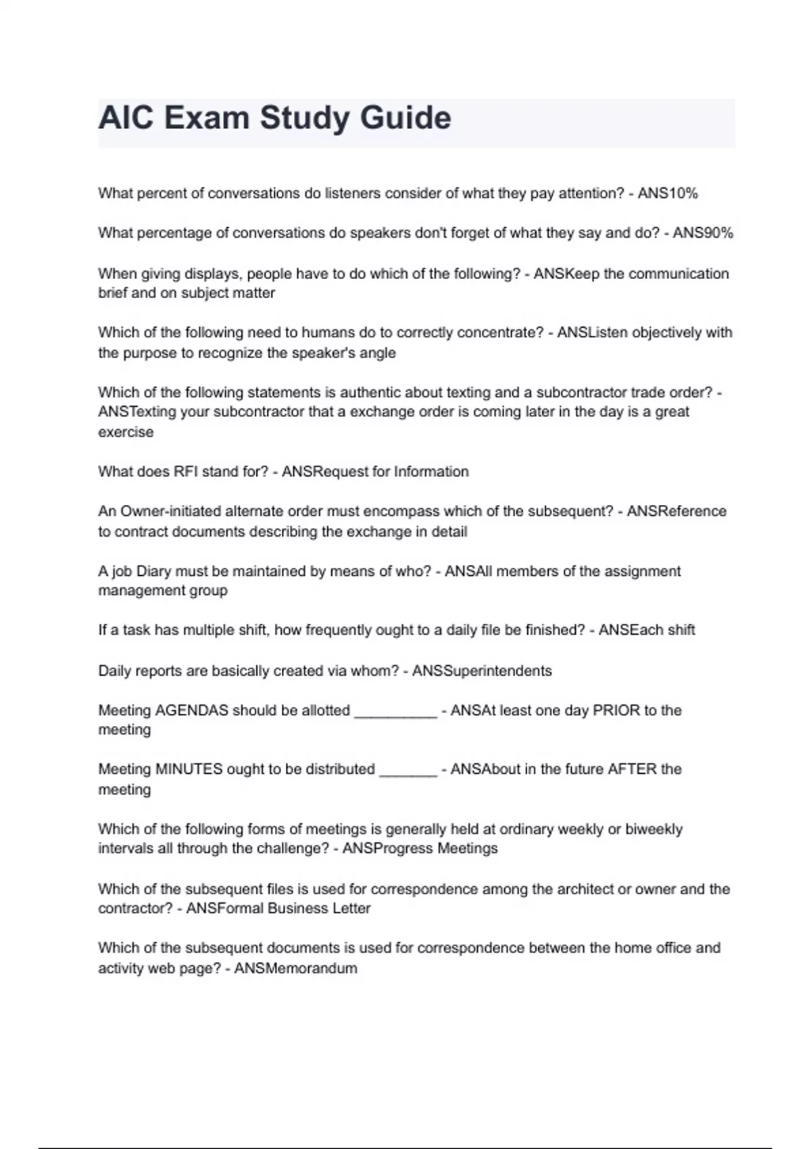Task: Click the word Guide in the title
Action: (x=405, y=118)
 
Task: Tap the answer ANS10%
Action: (x=668, y=193)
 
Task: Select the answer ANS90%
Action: (x=703, y=233)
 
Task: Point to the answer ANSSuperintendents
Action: (x=482, y=671)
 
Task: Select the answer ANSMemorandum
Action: (x=295, y=969)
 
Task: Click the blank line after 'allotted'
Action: (x=396, y=712)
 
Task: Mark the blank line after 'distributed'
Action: (x=408, y=771)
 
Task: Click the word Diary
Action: (x=153, y=571)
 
